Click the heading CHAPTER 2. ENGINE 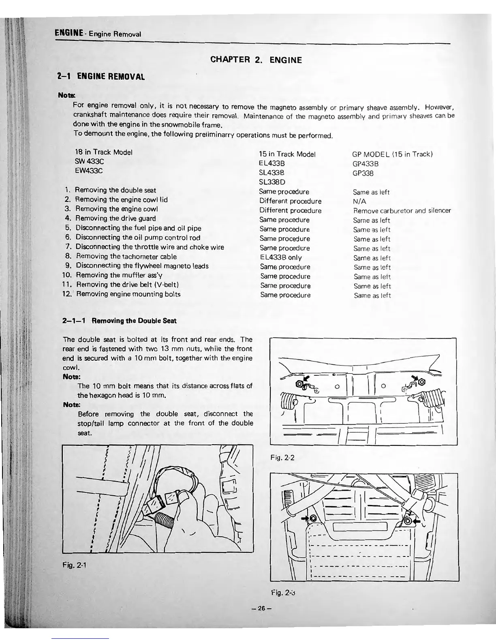pos(256,60)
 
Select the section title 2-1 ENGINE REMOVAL pos(101,76)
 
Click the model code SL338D pos(272,182)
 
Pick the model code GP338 pos(363,173)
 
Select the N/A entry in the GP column pos(359,201)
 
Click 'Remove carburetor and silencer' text pos(402,211)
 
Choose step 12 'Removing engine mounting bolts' pos(128,294)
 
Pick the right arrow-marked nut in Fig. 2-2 pos(422,382)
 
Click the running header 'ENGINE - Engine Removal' pos(97,34)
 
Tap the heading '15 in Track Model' pos(287,154)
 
